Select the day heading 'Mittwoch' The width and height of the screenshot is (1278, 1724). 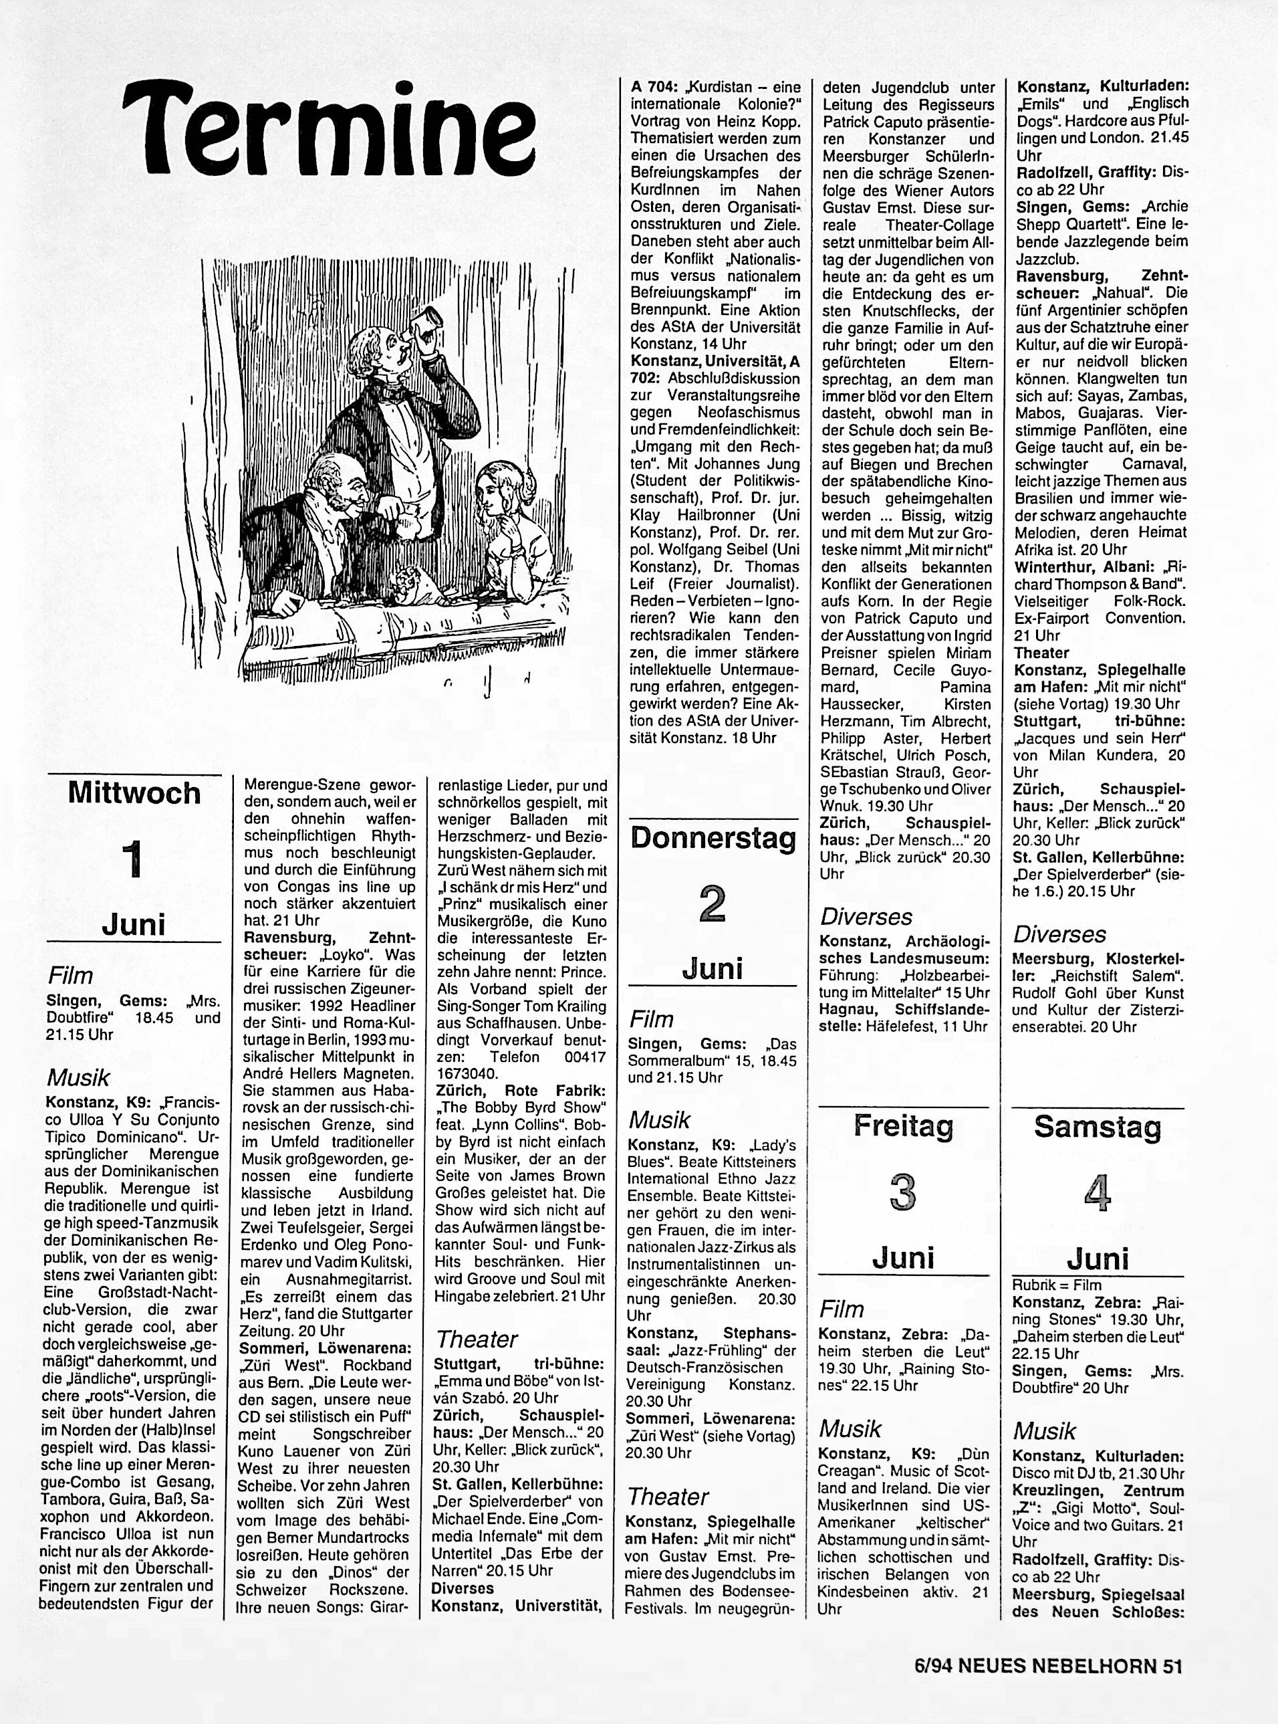coord(134,792)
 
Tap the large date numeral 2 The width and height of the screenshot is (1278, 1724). coord(712,903)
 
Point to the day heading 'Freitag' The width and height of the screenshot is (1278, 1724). coord(903,1127)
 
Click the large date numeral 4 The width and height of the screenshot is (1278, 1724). coord(1097,1192)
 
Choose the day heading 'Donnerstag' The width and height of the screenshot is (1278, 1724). coord(713,838)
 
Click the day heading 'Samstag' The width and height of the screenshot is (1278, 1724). coord(1097,1127)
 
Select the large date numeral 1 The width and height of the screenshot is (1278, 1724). coord(133,859)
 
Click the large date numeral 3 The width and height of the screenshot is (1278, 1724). coord(902,1192)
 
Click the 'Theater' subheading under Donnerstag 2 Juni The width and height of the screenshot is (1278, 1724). coord(668,1497)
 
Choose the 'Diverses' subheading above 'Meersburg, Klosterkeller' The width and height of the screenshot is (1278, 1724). coord(1060,934)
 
